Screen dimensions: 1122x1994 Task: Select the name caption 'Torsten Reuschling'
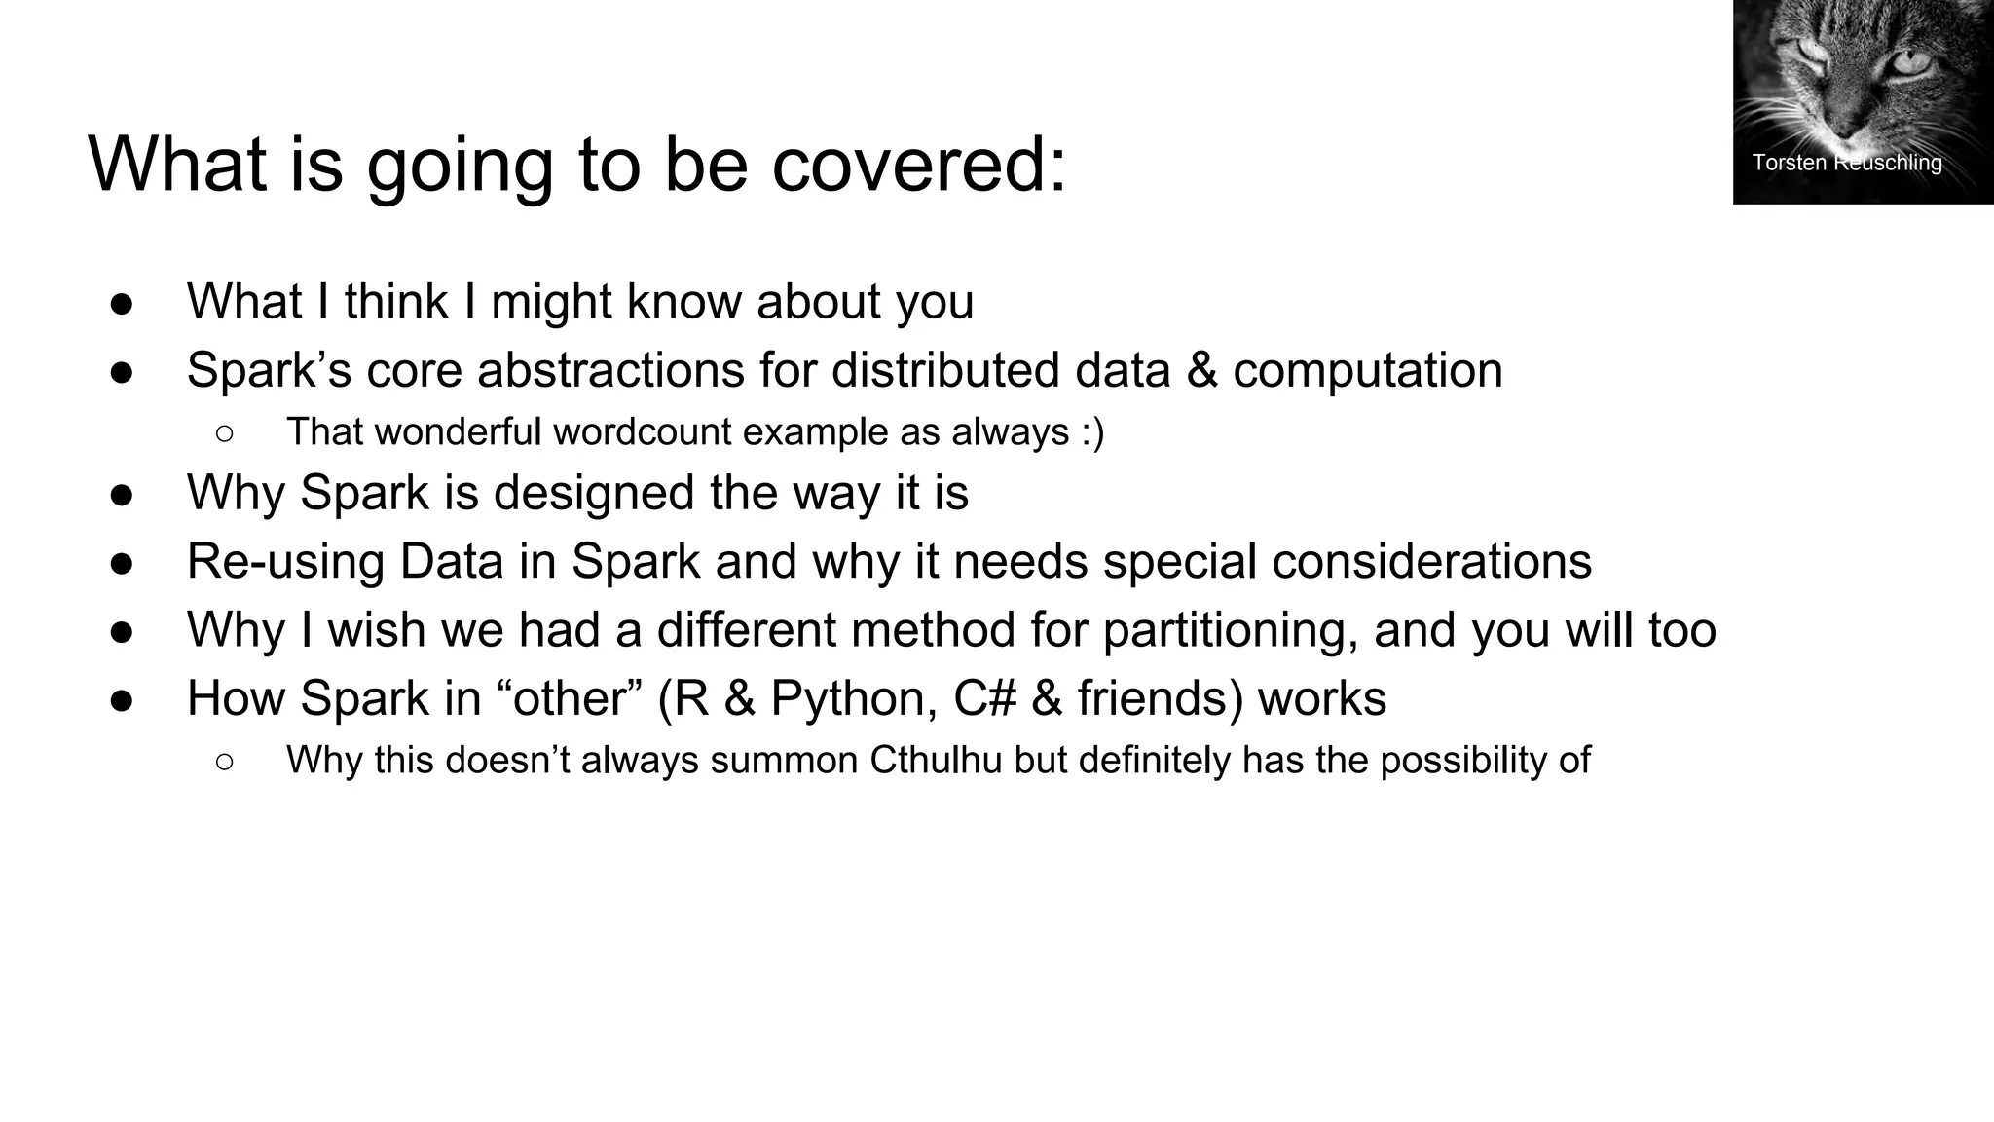[1846, 163]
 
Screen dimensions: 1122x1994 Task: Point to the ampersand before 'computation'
[1201, 370]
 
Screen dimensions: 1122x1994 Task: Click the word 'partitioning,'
[1231, 629]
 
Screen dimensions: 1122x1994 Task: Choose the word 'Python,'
[854, 698]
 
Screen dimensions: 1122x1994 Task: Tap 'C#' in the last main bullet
[984, 698]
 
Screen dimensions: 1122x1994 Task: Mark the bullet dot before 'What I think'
[122, 303]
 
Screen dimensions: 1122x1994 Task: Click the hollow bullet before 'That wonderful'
[224, 432]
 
